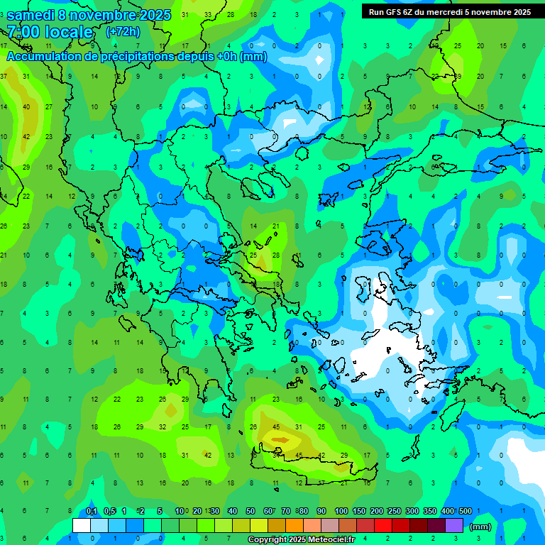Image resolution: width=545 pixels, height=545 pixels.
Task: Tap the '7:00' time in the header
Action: (23, 32)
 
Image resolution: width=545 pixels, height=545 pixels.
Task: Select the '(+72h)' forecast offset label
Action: (123, 32)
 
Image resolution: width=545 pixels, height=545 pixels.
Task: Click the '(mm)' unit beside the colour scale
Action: (480, 527)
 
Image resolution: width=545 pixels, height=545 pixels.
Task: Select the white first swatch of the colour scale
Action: (82, 526)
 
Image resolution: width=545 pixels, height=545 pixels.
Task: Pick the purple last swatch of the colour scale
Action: (454, 526)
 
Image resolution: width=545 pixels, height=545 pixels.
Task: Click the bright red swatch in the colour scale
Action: (383, 526)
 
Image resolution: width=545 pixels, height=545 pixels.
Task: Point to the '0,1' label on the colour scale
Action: (92, 511)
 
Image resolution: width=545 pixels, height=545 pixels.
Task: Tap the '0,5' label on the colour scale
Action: (109, 511)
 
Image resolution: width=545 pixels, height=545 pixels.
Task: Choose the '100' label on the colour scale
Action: (341, 511)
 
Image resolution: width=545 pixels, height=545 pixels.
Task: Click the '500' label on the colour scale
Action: (465, 511)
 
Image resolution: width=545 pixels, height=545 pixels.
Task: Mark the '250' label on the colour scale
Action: (394, 511)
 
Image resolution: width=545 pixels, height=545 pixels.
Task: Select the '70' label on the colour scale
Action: (286, 511)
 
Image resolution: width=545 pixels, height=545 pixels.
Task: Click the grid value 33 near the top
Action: (208, 14)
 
